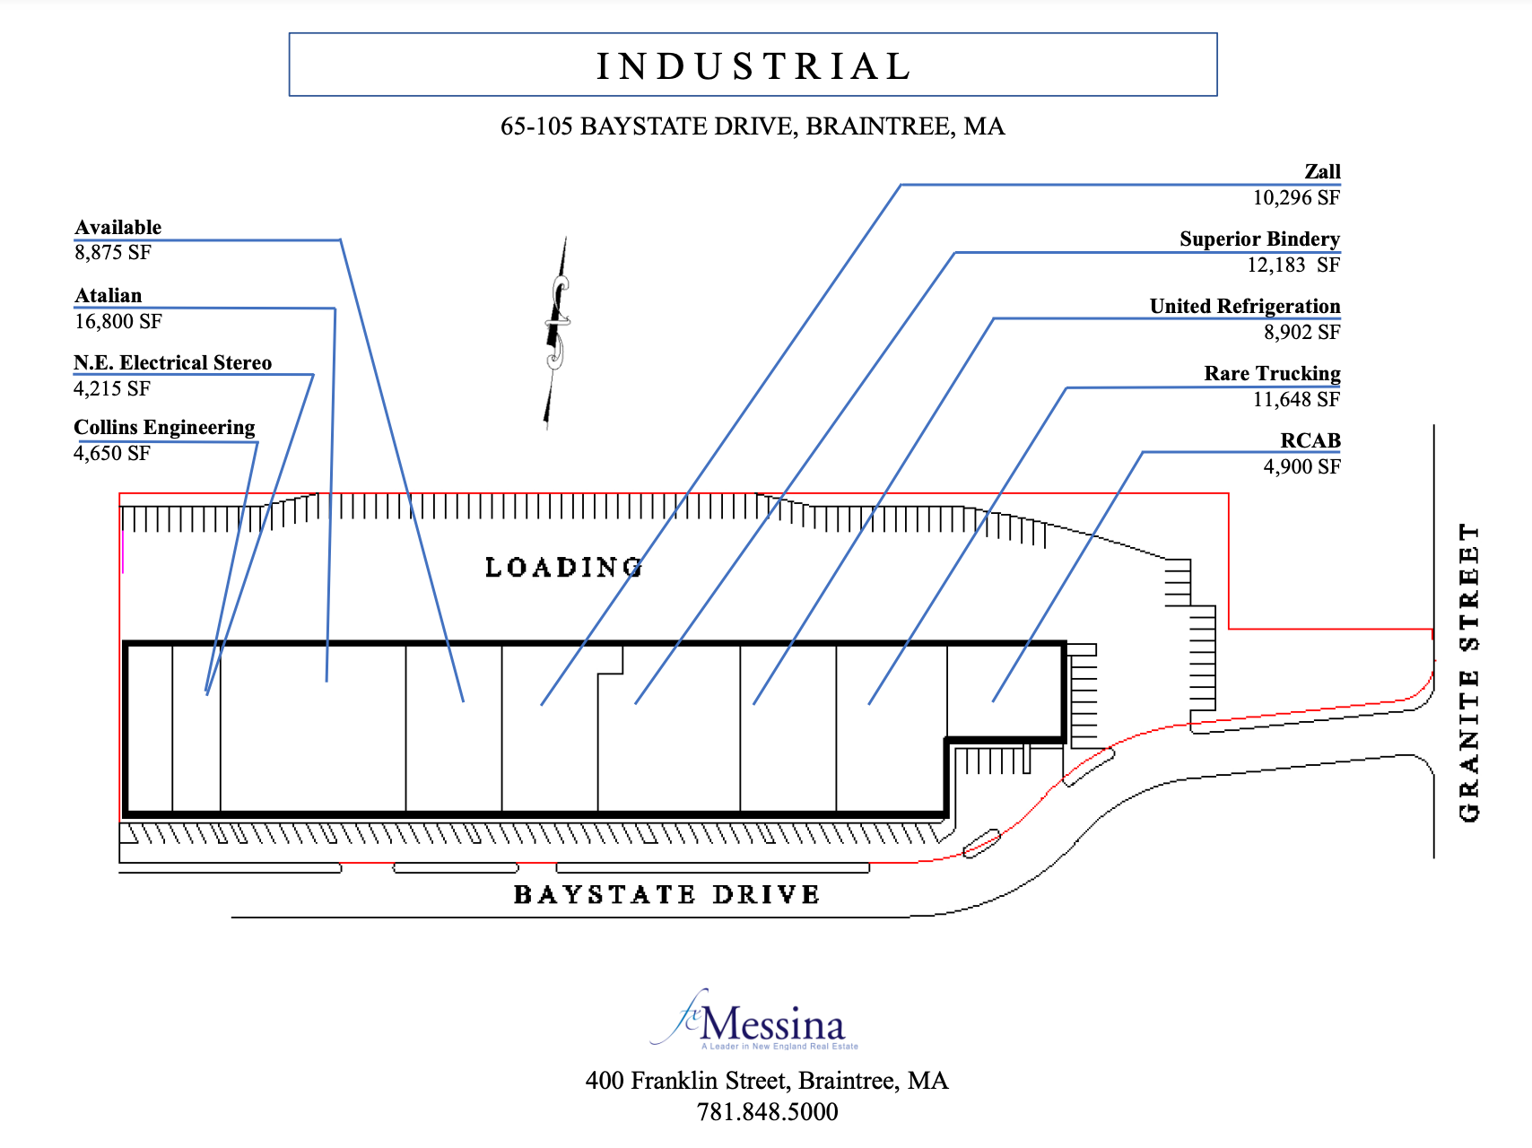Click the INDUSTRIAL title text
[753, 66]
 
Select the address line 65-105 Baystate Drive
[753, 126]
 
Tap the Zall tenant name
[1322, 171]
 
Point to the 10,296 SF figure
[1296, 197]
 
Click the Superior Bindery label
[1259, 239]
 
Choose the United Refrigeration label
[1245, 306]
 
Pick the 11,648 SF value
[1296, 399]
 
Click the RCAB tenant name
[1310, 440]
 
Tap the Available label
[118, 227]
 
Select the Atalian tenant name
[109, 295]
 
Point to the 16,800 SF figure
[118, 321]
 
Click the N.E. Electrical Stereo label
[173, 362]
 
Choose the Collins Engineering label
[164, 427]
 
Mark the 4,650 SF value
[112, 453]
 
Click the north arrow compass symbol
[557, 332]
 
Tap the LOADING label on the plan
[563, 567]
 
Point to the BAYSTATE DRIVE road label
[666, 894]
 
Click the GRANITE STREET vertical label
[1468, 673]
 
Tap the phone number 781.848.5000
[767, 1112]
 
